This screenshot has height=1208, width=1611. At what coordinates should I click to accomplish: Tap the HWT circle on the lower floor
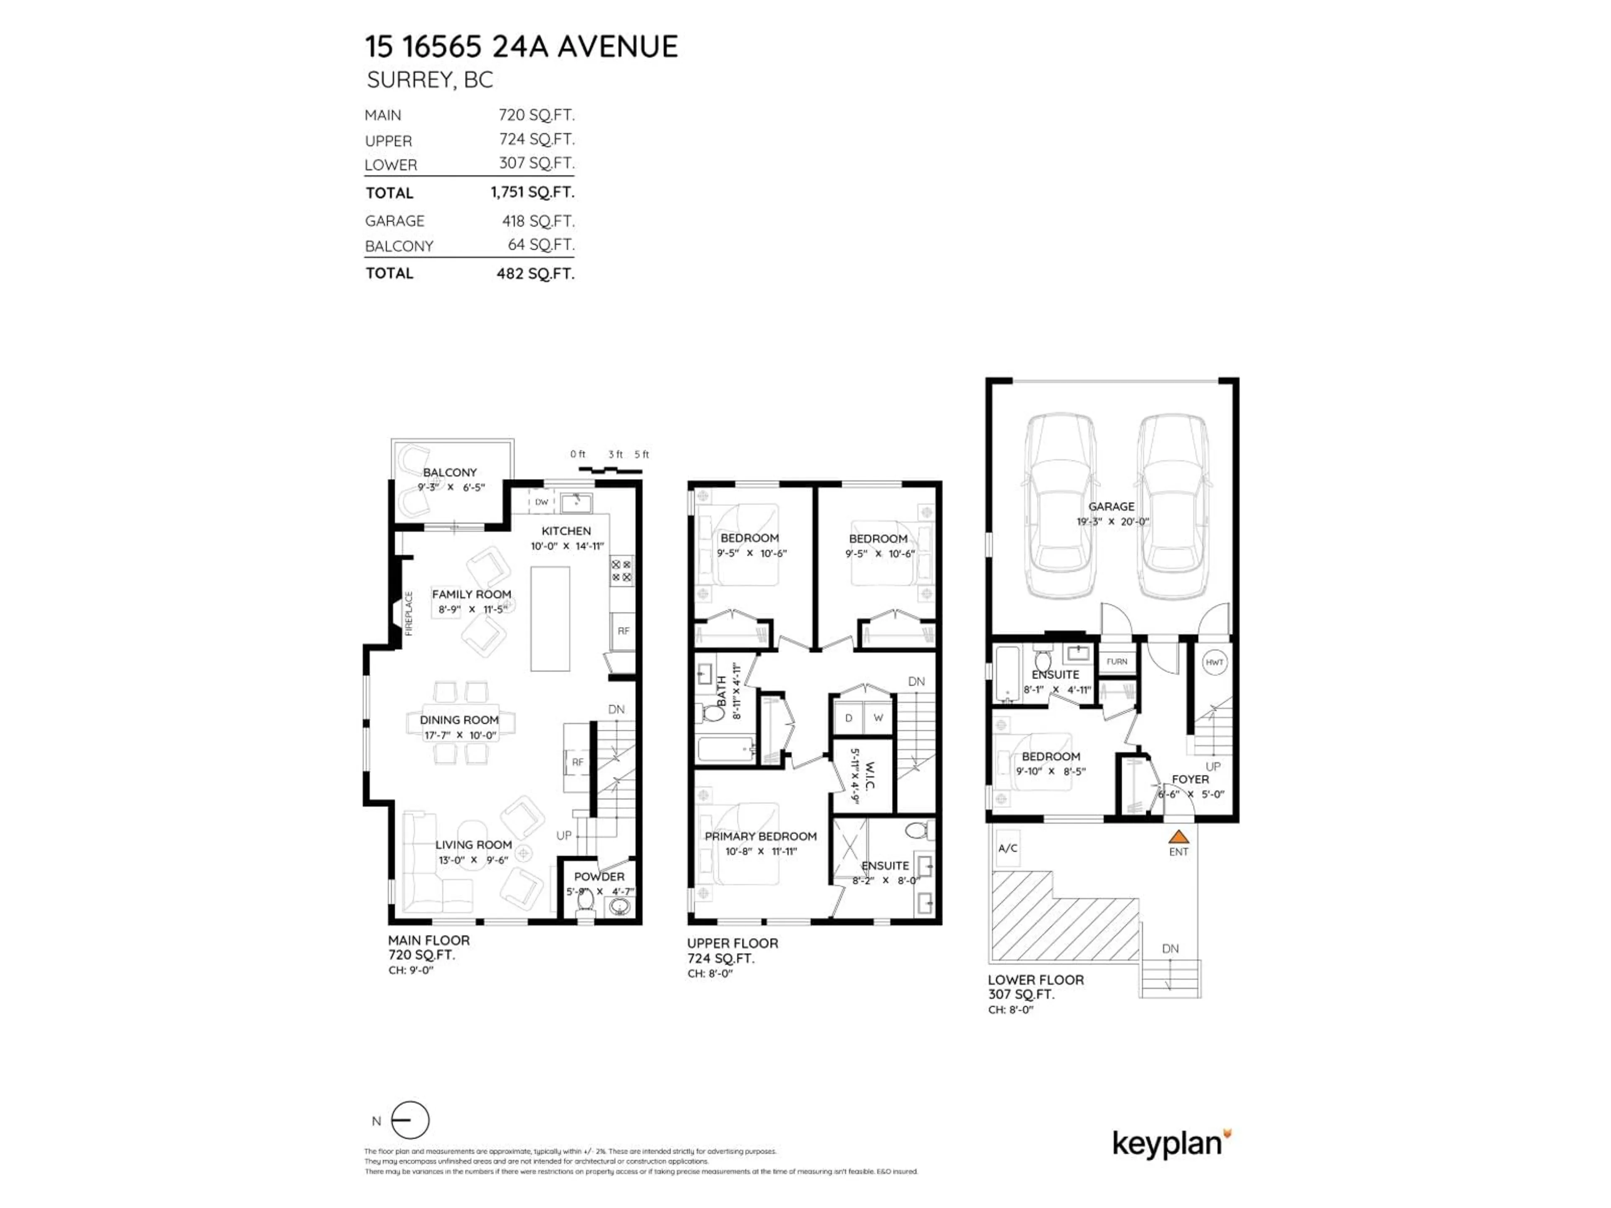point(1214,662)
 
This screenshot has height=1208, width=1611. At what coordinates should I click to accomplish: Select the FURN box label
point(1116,661)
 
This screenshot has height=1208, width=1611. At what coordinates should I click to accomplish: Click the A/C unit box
point(1008,848)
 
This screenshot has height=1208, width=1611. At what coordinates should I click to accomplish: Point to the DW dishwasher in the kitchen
point(541,502)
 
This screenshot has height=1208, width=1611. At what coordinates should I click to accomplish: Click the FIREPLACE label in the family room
point(409,613)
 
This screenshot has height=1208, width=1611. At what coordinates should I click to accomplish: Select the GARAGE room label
point(1110,506)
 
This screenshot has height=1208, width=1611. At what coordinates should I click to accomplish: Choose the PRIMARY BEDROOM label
point(760,836)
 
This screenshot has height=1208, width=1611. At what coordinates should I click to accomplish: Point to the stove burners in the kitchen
point(621,570)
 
